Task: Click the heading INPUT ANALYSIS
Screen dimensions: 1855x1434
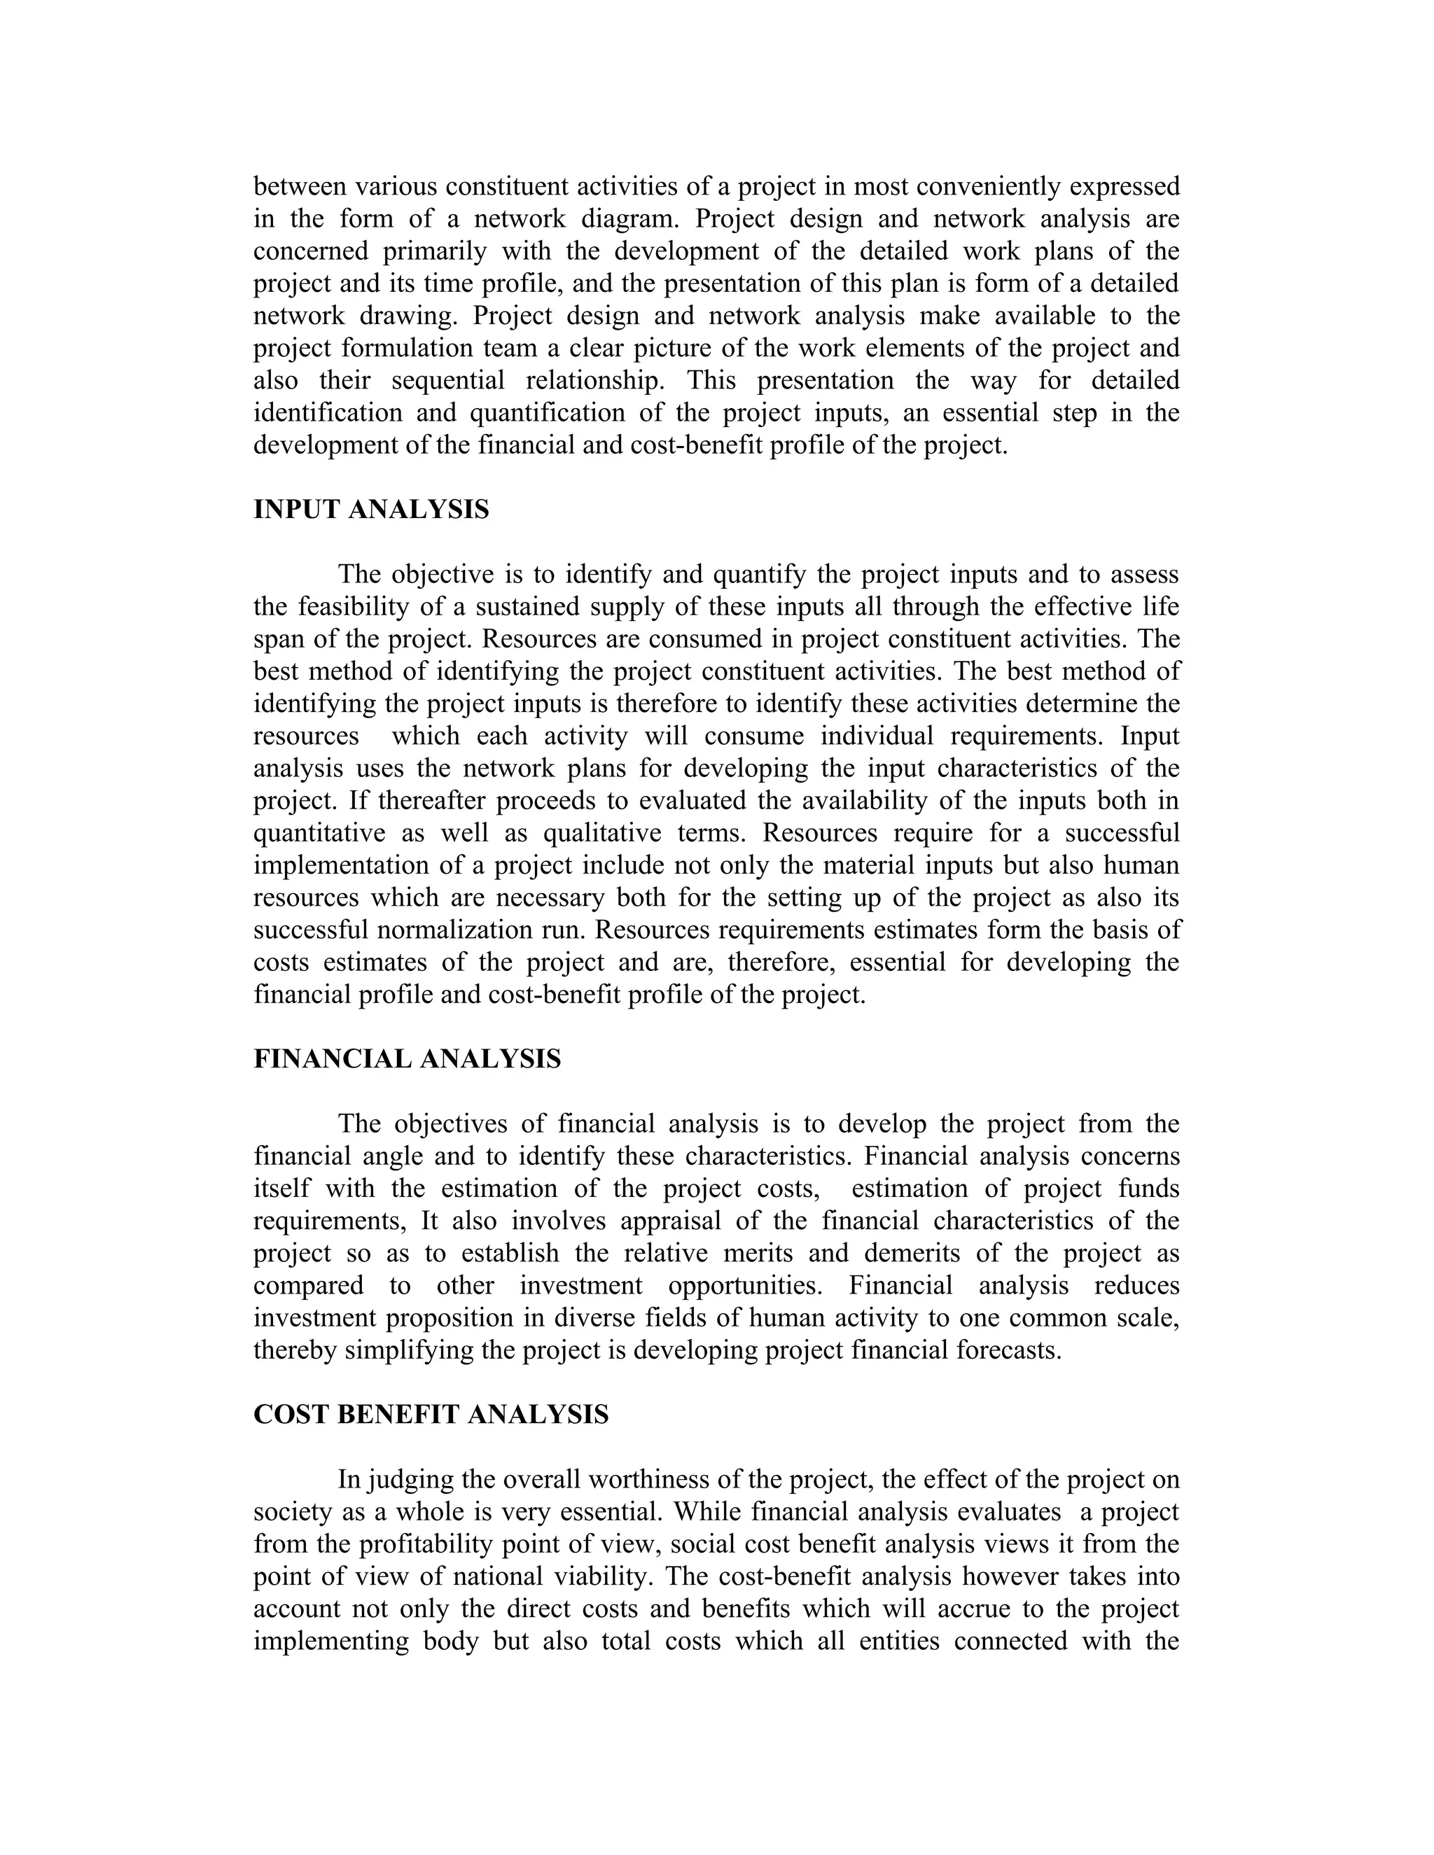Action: coord(371,510)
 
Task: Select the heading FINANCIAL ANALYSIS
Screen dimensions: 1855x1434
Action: coord(407,1060)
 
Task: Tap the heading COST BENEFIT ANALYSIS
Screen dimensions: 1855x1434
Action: coord(431,1415)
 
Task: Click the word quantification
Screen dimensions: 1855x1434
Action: coord(564,413)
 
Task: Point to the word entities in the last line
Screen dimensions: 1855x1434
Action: coord(900,1641)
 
